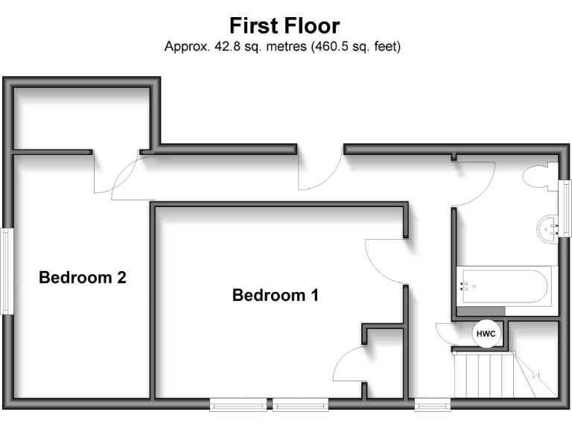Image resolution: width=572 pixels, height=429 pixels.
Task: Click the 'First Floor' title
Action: (285, 26)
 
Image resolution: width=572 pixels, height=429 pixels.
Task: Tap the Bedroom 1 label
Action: (276, 295)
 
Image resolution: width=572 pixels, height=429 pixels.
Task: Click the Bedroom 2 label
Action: (83, 278)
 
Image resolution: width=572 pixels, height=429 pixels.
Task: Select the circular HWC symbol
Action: (486, 334)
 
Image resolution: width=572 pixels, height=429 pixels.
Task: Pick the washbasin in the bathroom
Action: (547, 225)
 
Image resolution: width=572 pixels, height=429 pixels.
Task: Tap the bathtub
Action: (503, 285)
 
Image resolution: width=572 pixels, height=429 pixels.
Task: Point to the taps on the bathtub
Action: (465, 285)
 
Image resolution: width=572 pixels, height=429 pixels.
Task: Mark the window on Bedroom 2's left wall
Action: (6, 270)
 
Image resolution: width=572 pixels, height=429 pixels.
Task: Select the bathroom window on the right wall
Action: (565, 209)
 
